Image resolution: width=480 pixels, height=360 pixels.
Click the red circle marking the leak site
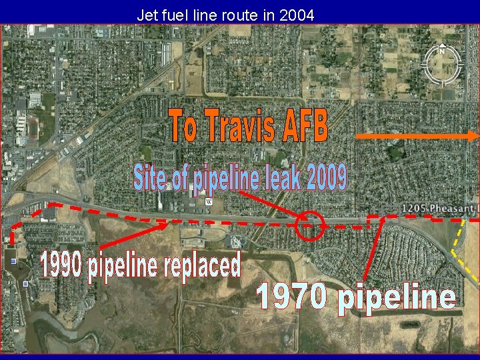coord(309,225)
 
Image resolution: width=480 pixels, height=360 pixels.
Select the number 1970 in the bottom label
coord(293,297)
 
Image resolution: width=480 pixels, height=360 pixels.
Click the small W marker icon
coord(208,201)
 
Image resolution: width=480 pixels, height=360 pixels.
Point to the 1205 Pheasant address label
coord(439,209)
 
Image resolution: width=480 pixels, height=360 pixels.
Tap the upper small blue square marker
coord(14,261)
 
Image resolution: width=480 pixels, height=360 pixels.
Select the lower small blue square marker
coord(25,284)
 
